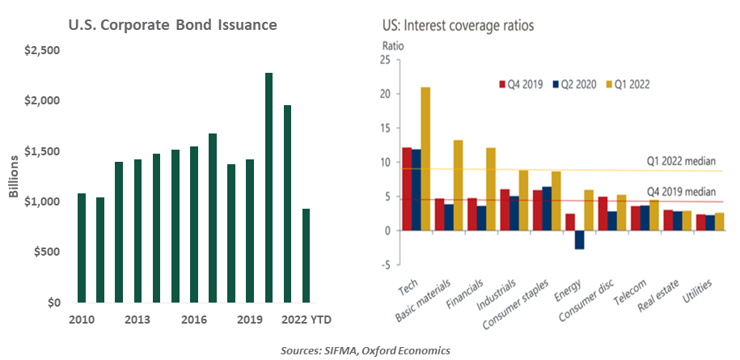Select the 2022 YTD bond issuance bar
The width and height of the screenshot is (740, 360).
point(307,256)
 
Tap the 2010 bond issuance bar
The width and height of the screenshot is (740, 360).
point(82,248)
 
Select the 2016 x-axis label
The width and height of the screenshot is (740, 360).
point(195,320)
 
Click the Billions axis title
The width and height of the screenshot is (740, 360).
point(12,176)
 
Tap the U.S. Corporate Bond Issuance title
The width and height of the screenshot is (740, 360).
point(172,25)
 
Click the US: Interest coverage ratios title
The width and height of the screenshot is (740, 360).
point(458,25)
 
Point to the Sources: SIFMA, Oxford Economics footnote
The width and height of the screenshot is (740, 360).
point(366,349)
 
